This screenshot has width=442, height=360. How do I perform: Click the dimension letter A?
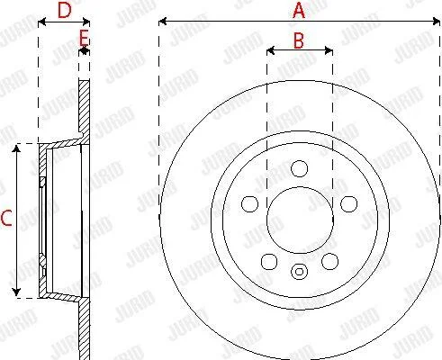coord(299,11)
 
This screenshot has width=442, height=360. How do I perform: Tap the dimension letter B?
coord(299,40)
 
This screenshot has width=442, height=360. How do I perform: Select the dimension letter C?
coord(6,218)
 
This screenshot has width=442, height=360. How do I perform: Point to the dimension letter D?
coord(65,10)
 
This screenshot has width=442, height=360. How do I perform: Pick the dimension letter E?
coord(84,38)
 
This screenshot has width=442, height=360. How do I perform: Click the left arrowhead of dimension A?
coord(162,22)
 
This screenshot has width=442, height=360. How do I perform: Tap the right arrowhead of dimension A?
coord(437,22)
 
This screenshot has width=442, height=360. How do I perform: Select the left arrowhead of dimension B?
coord(270,50)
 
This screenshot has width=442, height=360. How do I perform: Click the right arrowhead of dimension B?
coord(329,50)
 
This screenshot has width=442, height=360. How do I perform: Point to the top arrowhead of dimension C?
coord(16,148)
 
